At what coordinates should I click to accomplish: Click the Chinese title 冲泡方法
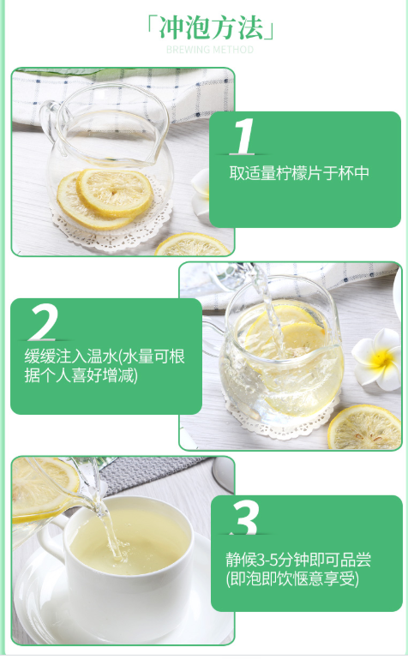coord(211,27)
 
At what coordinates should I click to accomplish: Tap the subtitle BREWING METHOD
coord(210,50)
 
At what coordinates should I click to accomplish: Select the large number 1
coord(243,136)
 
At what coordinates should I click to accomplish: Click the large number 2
coord(44,322)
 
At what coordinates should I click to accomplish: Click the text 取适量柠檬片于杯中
coord(299,173)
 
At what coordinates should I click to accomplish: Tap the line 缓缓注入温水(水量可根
coord(105,356)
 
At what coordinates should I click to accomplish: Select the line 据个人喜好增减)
coord(81,374)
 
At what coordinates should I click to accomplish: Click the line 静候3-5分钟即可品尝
coord(298,560)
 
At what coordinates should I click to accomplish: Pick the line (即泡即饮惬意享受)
coord(292,578)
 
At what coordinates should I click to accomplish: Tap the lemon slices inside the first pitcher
coord(105,199)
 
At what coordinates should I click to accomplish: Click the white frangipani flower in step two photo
coord(378,359)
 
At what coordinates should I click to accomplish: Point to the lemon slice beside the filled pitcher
coord(364,427)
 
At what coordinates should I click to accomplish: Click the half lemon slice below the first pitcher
coord(193,245)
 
